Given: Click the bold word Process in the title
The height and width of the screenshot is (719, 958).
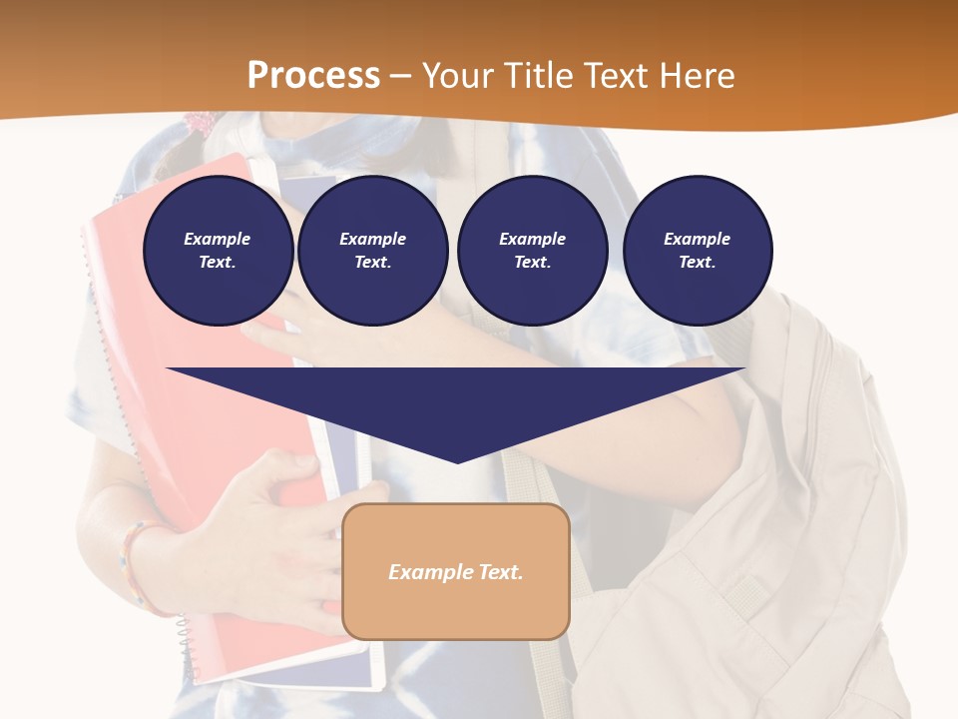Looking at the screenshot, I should tap(313, 76).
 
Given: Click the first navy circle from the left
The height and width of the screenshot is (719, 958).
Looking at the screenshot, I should tap(218, 251).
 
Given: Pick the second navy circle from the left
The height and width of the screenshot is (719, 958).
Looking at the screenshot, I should tap(372, 251).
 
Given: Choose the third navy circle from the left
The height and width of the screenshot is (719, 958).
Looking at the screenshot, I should tap(532, 251).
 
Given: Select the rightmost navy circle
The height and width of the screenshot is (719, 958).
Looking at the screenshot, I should tap(697, 251).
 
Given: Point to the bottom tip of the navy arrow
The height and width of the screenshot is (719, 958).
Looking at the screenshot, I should tap(457, 461).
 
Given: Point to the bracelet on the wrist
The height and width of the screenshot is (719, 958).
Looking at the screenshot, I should tap(134, 564).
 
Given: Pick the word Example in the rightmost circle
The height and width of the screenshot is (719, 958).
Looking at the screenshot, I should tap(697, 239).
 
